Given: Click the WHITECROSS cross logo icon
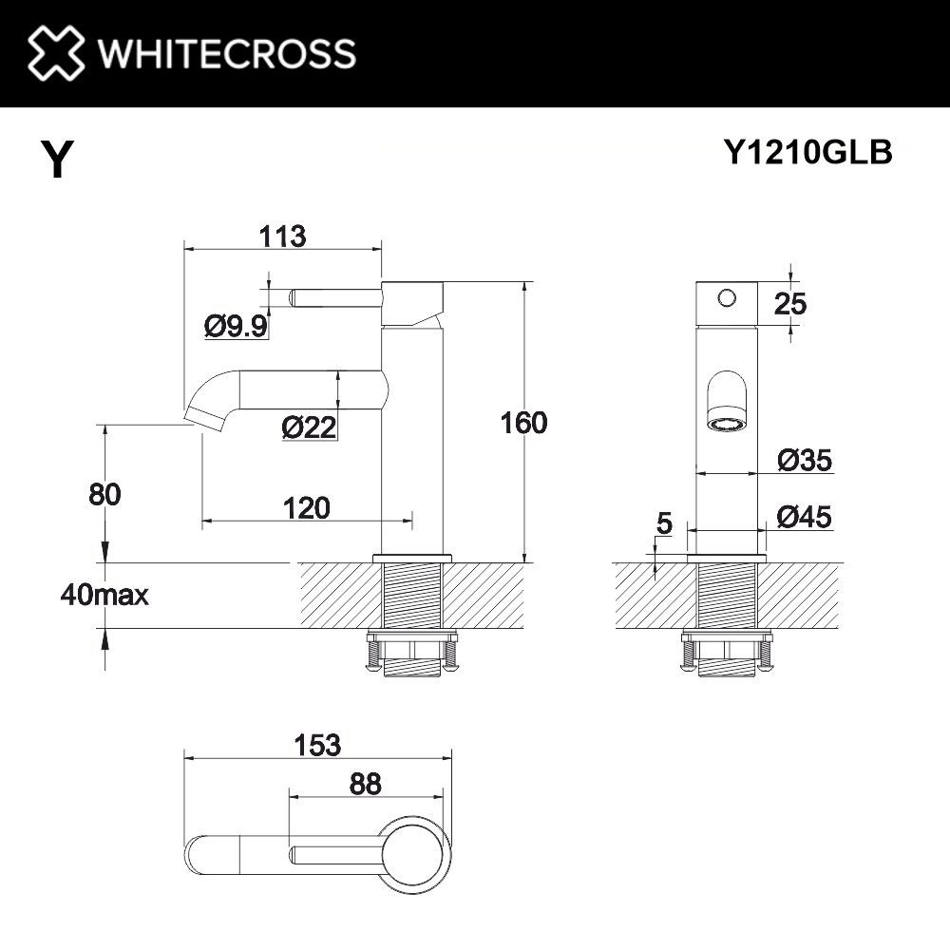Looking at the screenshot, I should point(55,53).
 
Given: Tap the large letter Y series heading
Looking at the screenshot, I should point(56,160).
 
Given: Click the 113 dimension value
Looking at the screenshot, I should point(281,236).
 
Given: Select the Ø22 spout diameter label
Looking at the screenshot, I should point(310,428).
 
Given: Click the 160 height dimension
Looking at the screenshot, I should point(523,423).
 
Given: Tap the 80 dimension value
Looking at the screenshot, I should point(104,494).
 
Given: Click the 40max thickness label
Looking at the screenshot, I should point(104,596).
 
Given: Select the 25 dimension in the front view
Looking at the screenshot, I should point(789,304).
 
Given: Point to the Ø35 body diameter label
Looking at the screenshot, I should point(804,461).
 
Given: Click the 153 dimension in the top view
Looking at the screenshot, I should point(317,746).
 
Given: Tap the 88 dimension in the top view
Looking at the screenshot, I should point(365,785).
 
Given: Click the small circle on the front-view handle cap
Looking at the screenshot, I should point(727,298).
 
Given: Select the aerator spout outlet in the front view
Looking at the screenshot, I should point(728,423).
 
